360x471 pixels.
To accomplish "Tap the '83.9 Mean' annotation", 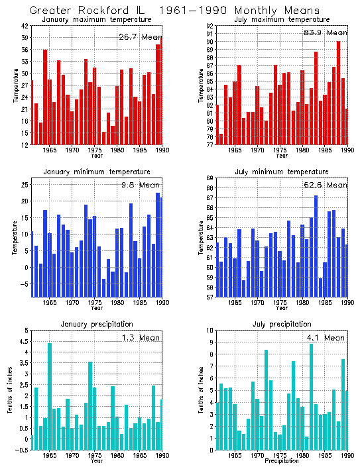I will [x=325, y=32].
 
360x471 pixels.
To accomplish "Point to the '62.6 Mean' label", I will [x=325, y=185].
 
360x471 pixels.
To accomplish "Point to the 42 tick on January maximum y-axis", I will [x=24, y=26].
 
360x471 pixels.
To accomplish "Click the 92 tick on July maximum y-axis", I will [x=210, y=26].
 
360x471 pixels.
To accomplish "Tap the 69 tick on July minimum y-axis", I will [x=210, y=178].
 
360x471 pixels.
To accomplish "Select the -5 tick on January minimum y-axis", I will [x=24, y=284].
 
